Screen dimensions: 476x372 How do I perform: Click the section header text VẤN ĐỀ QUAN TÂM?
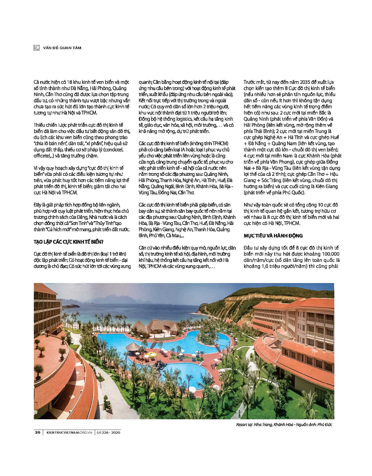62,48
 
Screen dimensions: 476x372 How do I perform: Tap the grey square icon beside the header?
37,48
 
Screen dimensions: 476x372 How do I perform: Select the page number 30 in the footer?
38,432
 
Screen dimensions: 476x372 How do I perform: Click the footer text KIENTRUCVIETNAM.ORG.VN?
69,432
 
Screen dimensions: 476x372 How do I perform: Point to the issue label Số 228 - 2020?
108,432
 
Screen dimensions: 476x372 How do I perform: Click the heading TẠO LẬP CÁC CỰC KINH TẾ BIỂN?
69,242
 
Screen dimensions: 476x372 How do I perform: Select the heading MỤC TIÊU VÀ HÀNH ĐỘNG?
273,236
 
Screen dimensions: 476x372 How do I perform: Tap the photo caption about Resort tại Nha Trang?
284,424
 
